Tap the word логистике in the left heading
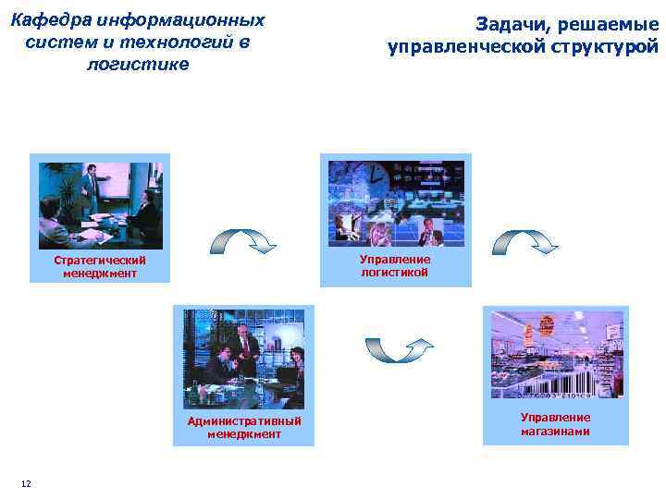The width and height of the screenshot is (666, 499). pos(136,64)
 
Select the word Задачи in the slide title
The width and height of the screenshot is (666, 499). pos(513,25)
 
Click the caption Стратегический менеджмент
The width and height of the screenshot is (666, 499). pos(100,267)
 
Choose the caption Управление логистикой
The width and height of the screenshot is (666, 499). pos(395,266)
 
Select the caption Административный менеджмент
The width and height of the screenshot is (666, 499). pos(244,428)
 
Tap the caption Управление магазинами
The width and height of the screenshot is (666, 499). pos(555,424)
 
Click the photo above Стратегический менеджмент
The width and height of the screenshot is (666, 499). pos(100,205)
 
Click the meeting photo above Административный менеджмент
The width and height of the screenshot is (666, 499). pos(243,354)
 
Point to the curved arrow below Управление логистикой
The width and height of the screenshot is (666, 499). pos(399,349)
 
